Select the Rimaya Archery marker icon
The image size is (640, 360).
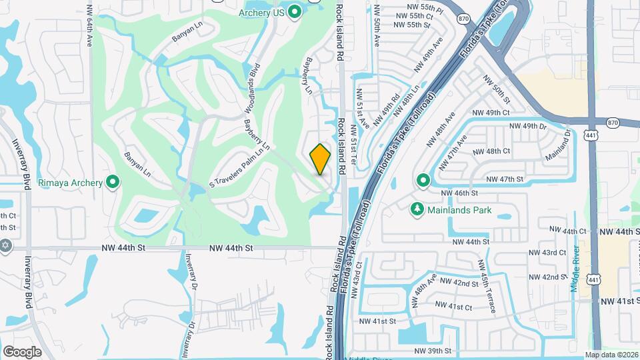(113, 182)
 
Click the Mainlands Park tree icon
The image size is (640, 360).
(417, 210)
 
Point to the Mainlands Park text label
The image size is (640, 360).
(460, 211)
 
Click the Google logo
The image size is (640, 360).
(23, 351)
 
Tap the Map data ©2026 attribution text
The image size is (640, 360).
(611, 355)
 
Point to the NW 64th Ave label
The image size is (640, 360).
(89, 27)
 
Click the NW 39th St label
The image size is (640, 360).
(433, 351)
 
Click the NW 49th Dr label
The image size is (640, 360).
(528, 126)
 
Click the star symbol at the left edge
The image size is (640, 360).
(7, 245)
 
